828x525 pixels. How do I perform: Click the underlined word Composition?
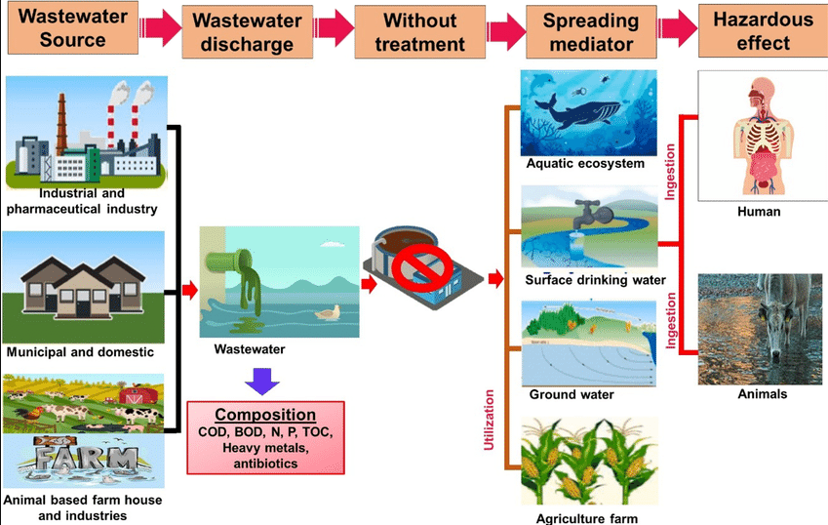(265, 414)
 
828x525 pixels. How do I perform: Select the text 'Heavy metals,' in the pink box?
(264, 447)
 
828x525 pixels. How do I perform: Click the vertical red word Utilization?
(491, 421)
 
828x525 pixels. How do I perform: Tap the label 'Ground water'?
(572, 395)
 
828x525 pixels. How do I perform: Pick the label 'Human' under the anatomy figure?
(761, 211)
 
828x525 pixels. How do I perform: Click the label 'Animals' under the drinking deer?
(762, 394)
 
